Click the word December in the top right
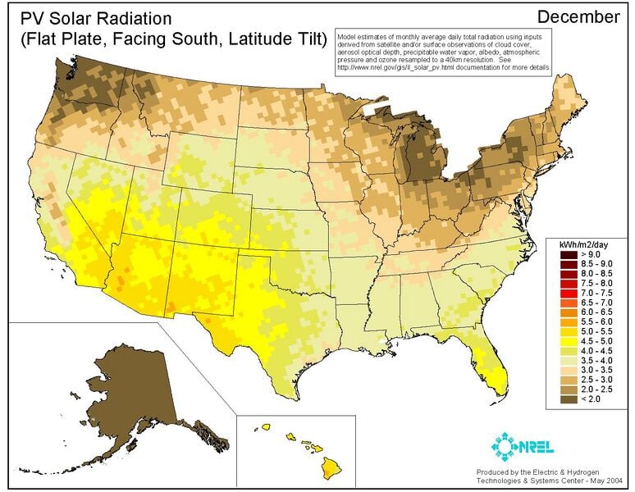pyautogui.click(x=578, y=16)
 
